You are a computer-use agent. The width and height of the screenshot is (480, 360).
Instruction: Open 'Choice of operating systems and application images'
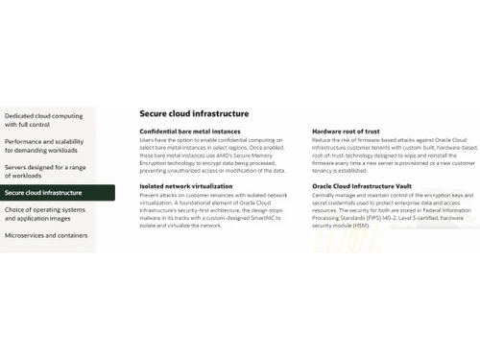tap(45, 213)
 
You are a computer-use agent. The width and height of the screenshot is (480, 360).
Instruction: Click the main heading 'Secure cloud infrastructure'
tap(187, 112)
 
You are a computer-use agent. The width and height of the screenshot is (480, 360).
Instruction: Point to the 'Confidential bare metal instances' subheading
tap(189, 132)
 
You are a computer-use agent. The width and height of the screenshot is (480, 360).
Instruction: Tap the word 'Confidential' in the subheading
tap(160, 132)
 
